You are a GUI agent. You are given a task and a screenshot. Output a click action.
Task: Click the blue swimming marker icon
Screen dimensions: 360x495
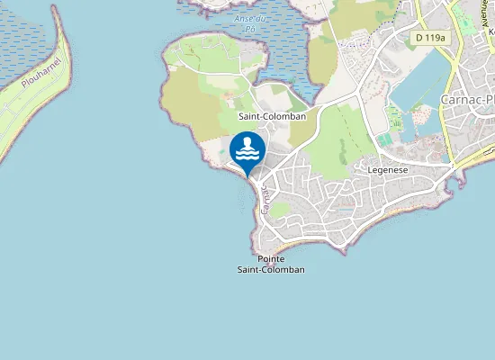tap(247, 150)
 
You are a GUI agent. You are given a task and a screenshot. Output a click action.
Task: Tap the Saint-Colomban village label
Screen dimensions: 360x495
tap(272, 116)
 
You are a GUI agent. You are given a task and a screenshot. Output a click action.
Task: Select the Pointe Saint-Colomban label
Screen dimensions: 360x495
tap(271, 265)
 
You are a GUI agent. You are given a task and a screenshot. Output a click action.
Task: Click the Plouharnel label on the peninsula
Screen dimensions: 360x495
tap(40, 73)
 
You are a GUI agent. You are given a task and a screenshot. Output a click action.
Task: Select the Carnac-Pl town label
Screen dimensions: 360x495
tap(466, 99)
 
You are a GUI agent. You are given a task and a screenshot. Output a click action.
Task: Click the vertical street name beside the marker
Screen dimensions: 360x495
tap(265, 200)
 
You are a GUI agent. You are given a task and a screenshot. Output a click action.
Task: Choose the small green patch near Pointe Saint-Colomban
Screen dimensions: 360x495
tap(281, 209)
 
